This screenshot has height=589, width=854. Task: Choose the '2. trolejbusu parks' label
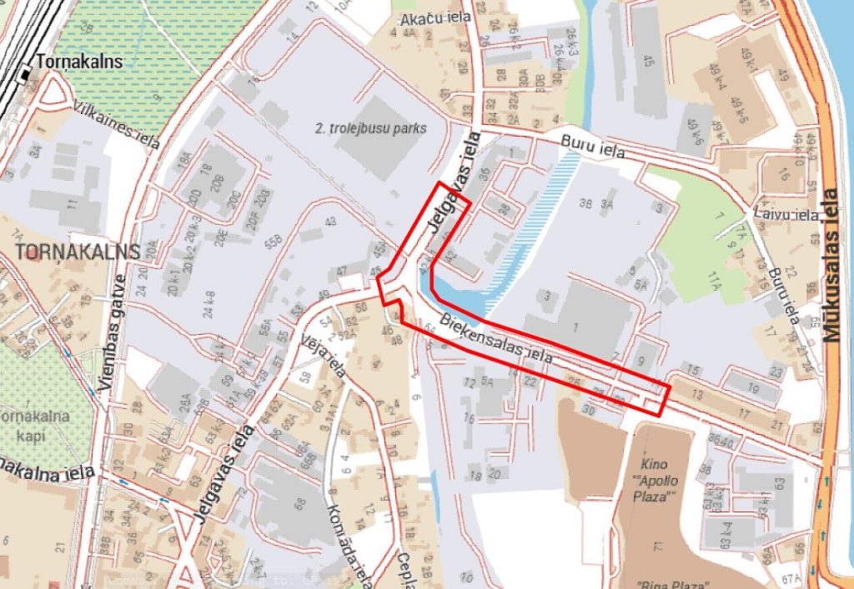click(x=370, y=128)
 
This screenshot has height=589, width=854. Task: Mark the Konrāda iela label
click(x=345, y=537)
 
